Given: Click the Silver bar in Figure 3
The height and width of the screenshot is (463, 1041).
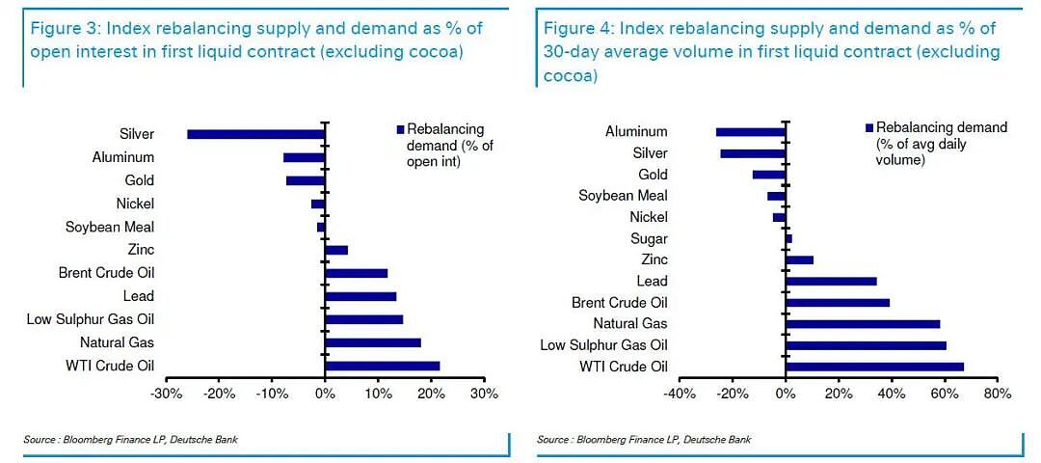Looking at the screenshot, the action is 256,134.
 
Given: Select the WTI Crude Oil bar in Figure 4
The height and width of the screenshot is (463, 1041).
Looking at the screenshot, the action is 874,367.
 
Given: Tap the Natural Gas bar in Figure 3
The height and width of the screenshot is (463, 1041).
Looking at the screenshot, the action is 373,342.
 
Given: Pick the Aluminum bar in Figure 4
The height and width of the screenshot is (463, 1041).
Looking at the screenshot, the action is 751,132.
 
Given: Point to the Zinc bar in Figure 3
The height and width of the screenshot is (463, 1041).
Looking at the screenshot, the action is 336,250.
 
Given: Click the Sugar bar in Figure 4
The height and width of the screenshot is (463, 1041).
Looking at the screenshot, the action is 788,238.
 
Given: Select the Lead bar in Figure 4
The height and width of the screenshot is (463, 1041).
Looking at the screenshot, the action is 831,281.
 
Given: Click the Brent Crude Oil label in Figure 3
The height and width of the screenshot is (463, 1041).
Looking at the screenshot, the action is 106,273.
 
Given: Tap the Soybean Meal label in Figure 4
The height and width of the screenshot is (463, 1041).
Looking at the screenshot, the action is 623,195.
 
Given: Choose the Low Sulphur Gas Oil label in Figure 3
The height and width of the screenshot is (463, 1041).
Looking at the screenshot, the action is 91,319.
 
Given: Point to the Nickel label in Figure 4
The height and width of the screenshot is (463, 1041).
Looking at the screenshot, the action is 650,217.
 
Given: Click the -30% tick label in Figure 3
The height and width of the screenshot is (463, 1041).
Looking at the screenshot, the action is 166,394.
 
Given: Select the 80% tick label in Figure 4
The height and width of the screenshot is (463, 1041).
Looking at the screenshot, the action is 998,394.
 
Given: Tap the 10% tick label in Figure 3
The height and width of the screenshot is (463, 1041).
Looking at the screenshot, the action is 378,394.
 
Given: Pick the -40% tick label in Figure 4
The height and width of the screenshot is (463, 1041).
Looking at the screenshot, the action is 680,394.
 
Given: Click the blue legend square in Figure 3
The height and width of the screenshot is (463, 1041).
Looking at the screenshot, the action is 400,129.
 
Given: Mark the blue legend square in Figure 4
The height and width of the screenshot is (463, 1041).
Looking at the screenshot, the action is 869,127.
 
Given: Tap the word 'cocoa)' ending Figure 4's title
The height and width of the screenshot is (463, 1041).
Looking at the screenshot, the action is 571,76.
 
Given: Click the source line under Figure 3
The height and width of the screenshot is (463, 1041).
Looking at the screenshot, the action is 130,439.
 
